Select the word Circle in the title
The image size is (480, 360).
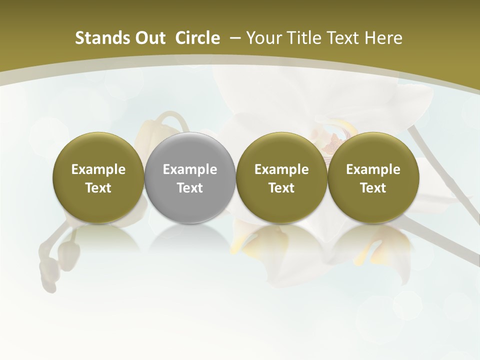[197, 38]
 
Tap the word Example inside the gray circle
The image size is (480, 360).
[190, 169]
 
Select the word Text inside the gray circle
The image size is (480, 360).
[190, 188]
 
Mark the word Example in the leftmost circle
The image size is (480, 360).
[98, 169]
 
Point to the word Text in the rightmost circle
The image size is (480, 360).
[373, 188]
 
